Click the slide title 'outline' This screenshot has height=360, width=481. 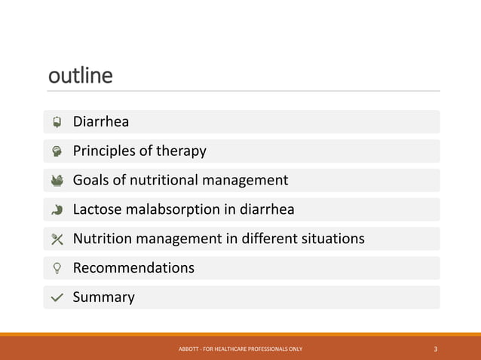pyautogui.click(x=80, y=76)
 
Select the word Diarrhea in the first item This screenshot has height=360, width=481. pyautogui.click(x=100, y=122)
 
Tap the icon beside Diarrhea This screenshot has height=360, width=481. pyautogui.click(x=57, y=122)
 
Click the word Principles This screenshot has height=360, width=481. pyautogui.click(x=103, y=151)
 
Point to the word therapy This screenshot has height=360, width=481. pyautogui.click(x=181, y=151)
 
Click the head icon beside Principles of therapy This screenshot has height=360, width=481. pyautogui.click(x=57, y=151)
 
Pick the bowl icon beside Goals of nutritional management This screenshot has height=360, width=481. pyautogui.click(x=57, y=180)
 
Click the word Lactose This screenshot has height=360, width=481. pyautogui.click(x=97, y=209)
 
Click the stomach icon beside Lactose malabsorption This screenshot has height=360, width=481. pyautogui.click(x=57, y=209)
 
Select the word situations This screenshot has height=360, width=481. pyautogui.click(x=332, y=239)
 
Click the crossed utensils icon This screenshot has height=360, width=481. pyautogui.click(x=57, y=239)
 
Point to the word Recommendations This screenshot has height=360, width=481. pyautogui.click(x=133, y=268)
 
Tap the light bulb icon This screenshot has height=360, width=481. pyautogui.click(x=57, y=268)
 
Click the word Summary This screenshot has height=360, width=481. pyautogui.click(x=103, y=297)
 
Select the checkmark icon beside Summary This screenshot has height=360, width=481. pyautogui.click(x=57, y=297)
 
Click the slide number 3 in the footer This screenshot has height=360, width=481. pyautogui.click(x=436, y=349)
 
